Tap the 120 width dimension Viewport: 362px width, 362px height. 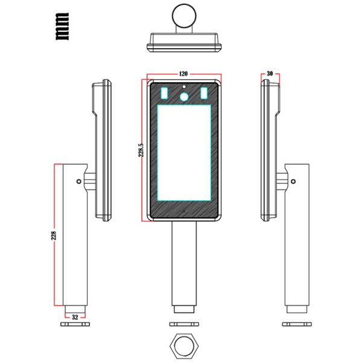[183, 74]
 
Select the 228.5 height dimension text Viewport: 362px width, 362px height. [141, 150]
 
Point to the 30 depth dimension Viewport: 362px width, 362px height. [269, 74]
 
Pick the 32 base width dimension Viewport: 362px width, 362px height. [75, 316]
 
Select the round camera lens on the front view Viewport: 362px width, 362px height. [183, 95]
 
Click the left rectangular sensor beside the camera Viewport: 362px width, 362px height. [165, 93]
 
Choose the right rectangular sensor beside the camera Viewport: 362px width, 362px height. [203, 93]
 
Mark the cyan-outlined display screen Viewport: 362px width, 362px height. [183, 152]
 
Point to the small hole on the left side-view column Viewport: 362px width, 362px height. [78, 180]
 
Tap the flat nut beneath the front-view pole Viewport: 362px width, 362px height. [183, 324]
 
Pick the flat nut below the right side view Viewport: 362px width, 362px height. [296, 324]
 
